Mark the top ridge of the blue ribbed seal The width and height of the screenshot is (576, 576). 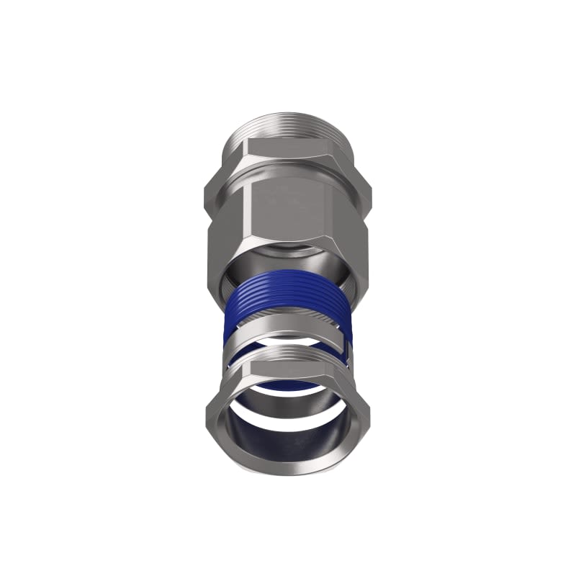point(288,274)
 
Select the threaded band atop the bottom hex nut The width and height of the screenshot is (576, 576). point(288,354)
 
